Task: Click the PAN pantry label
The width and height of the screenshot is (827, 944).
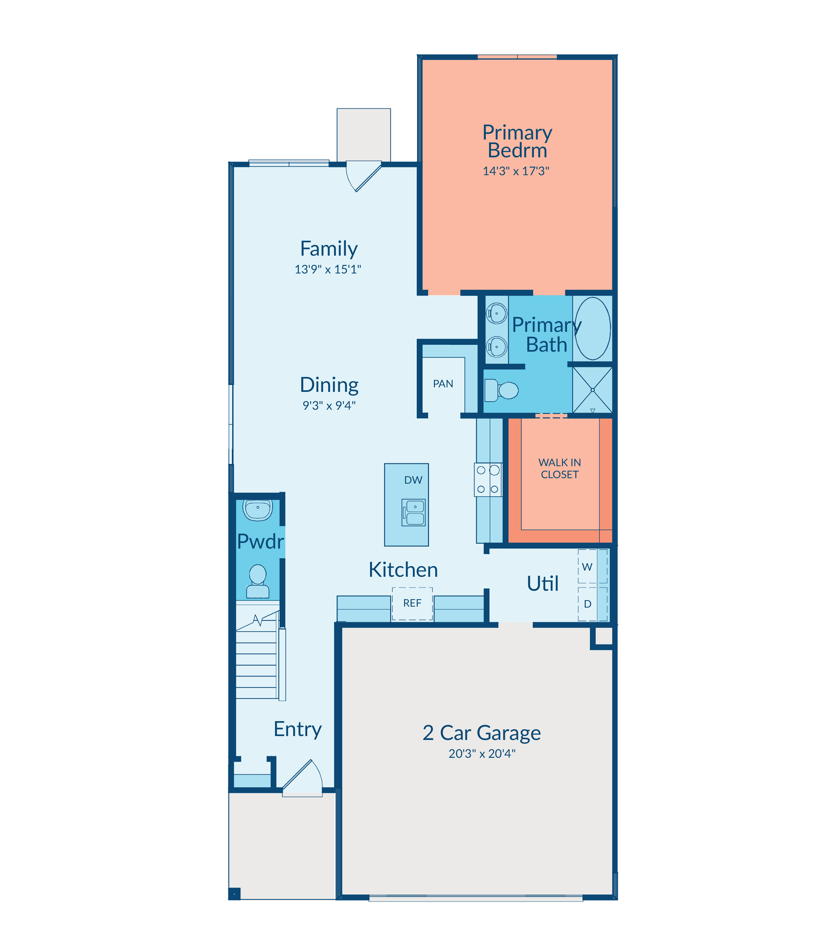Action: click(x=443, y=383)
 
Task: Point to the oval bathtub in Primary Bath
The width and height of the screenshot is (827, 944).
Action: click(x=593, y=328)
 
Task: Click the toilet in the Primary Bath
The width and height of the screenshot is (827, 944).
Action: click(x=502, y=390)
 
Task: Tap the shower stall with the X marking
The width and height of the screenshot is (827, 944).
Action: click(x=593, y=390)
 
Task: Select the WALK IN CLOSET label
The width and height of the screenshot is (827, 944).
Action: click(x=559, y=468)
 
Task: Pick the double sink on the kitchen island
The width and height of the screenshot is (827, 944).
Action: click(x=414, y=513)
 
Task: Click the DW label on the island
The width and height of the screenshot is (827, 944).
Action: click(x=413, y=480)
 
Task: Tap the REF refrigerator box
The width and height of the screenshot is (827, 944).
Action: click(x=412, y=604)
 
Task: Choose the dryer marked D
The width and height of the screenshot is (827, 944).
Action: click(x=593, y=604)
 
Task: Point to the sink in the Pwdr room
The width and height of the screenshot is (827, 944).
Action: click(x=258, y=510)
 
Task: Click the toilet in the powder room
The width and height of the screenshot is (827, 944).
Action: click(x=258, y=581)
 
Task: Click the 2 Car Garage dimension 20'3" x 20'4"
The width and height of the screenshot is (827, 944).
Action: click(x=482, y=754)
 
